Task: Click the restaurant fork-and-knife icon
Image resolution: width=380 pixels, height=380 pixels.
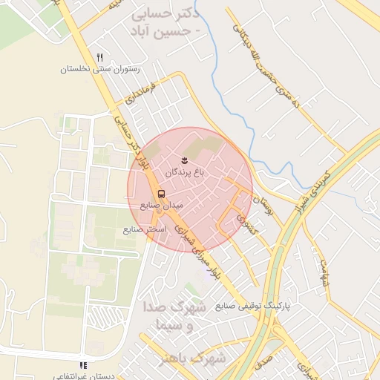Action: point(99,57)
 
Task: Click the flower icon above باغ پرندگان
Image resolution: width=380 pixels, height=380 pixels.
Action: point(186,160)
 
